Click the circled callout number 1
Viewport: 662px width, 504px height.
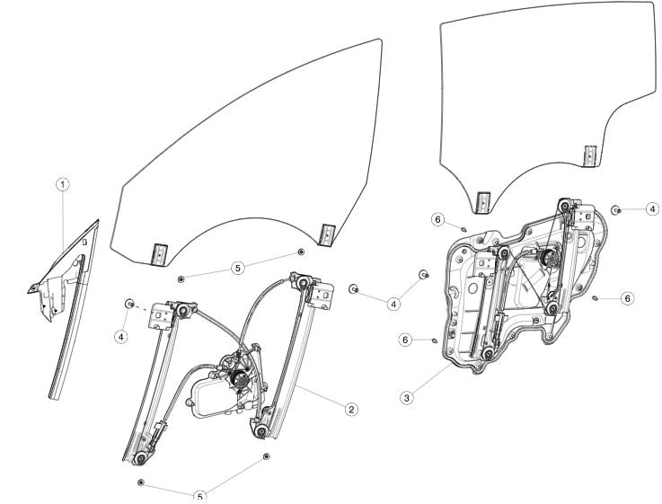click(x=62, y=184)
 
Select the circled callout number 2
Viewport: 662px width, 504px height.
click(x=351, y=409)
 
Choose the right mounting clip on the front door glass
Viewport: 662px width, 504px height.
click(x=328, y=233)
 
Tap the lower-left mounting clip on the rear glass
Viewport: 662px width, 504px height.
click(x=482, y=202)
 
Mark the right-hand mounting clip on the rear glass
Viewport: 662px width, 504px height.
click(x=590, y=155)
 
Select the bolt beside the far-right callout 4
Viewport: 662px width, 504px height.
click(x=617, y=209)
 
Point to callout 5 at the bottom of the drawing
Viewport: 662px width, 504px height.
click(x=200, y=495)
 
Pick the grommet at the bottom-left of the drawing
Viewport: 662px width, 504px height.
click(x=142, y=483)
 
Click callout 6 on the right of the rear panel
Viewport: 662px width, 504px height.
click(x=628, y=296)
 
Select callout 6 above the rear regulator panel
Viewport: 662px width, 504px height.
click(x=437, y=219)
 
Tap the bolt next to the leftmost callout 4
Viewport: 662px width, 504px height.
click(x=130, y=304)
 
